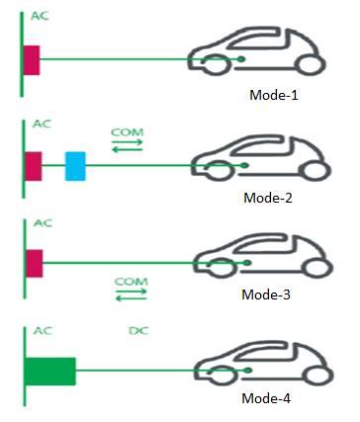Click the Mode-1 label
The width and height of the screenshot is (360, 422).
pos(276,97)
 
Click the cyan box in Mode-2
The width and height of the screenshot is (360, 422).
pos(75,166)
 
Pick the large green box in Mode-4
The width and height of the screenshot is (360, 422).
pos(50,371)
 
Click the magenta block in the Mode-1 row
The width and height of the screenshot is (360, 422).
pos(32,60)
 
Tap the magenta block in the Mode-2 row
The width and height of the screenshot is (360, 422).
pos(33,166)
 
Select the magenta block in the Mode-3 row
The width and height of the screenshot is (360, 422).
pos(33,263)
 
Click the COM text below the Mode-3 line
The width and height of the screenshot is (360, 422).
pos(131,282)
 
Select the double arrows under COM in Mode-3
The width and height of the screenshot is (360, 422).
pos(131,295)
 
